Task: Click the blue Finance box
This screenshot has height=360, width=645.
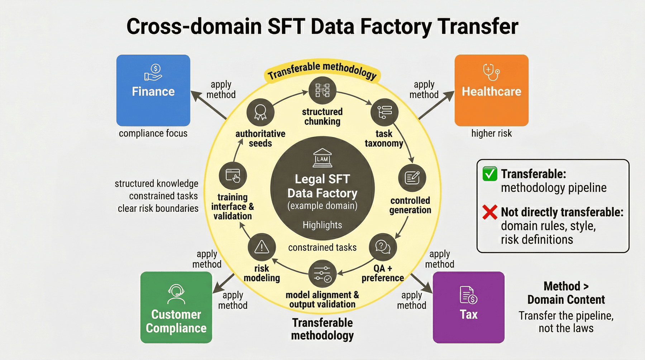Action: (x=153, y=90)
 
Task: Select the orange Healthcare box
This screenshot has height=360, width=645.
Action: (x=492, y=90)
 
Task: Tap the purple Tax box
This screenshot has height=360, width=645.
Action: (x=469, y=307)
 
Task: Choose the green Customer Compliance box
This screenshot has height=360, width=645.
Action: (x=176, y=307)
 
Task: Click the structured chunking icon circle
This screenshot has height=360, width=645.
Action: (x=322, y=90)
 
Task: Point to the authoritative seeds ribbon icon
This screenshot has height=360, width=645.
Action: (x=261, y=112)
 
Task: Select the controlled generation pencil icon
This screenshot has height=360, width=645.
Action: (x=412, y=178)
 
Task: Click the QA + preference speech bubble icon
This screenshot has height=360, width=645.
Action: (x=383, y=247)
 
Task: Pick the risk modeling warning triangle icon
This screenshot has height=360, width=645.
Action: (x=262, y=247)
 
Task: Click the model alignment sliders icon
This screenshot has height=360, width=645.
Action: (x=322, y=274)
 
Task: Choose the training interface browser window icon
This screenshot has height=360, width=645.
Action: (x=233, y=176)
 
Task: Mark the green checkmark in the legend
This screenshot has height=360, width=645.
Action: (x=490, y=174)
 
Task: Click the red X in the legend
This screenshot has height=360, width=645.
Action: (x=490, y=212)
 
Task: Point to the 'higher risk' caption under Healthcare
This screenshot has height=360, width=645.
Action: (x=492, y=133)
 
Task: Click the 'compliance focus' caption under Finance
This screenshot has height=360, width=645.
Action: (x=153, y=133)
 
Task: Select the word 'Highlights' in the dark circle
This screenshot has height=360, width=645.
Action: (x=322, y=225)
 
